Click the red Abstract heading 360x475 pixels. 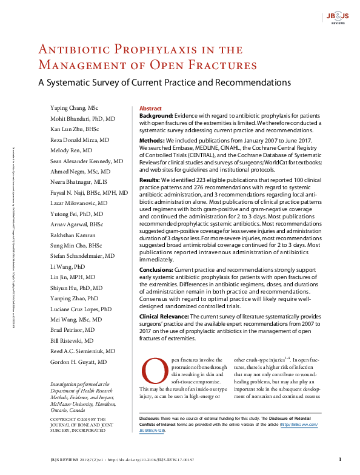tap(150, 107)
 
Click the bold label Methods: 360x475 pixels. tap(152, 139)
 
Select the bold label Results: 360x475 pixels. tap(151, 180)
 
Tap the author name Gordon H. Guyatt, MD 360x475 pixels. tap(79, 362)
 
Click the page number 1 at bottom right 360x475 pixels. tap(340, 460)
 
